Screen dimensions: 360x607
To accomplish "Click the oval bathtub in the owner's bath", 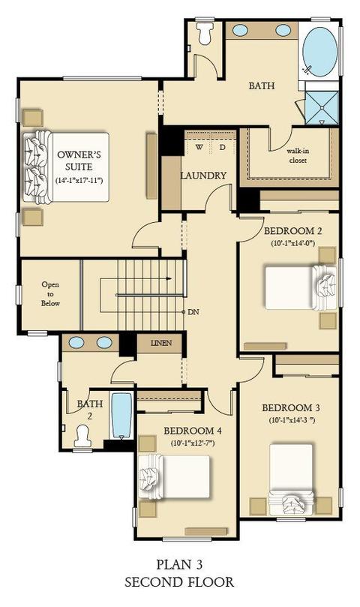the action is point(319,52).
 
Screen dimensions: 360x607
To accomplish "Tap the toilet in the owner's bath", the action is point(205,33).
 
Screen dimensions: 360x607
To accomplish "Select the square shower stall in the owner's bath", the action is point(322,107).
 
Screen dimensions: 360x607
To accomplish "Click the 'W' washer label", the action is point(199,147).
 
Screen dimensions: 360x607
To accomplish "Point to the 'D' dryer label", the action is point(222,147).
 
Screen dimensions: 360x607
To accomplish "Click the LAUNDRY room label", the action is point(203,176).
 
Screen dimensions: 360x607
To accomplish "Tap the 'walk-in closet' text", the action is point(298,155).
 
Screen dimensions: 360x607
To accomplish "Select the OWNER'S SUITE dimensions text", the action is point(79,180).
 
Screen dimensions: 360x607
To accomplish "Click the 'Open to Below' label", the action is point(50,294).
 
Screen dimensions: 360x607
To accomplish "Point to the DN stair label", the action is point(193,311).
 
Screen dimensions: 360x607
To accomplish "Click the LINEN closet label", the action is point(161,343).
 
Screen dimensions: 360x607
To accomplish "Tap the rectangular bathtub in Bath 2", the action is point(121,416).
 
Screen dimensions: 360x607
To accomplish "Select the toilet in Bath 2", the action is point(82,437).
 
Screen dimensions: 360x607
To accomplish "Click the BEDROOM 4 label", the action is point(193,431).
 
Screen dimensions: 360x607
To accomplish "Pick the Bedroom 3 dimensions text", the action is point(292,420).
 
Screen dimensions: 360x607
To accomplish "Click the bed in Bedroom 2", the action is point(301,287).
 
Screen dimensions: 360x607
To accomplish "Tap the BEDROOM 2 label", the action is point(293,231).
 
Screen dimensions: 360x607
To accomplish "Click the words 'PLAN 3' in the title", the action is point(179,565).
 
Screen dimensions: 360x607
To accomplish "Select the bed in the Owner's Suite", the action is point(66,167).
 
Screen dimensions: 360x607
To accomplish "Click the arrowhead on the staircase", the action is point(169,278).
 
